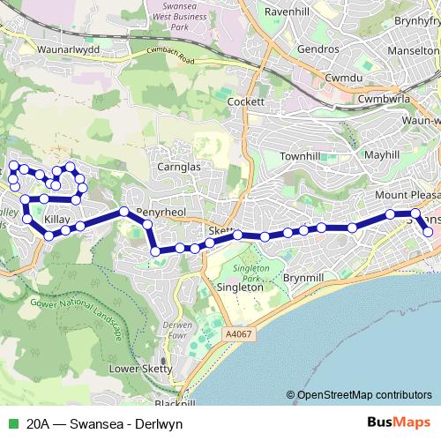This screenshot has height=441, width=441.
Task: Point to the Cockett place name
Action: pyautogui.click(x=246, y=101)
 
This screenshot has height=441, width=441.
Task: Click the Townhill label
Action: pyautogui.click(x=299, y=155)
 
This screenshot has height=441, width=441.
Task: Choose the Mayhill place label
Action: pyautogui.click(x=381, y=154)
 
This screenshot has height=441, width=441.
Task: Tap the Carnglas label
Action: pyautogui.click(x=182, y=166)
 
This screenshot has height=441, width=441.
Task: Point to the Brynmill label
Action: pyautogui.click(x=304, y=277)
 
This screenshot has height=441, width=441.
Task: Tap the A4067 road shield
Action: pyautogui.click(x=237, y=334)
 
